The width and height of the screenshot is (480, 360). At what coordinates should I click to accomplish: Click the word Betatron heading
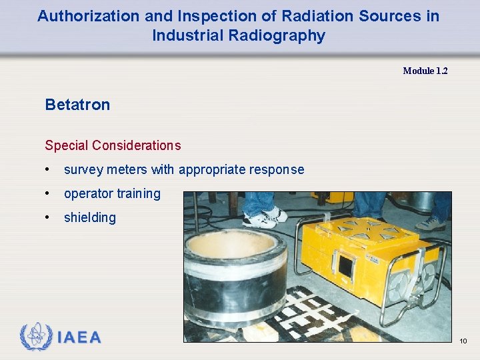coord(77,105)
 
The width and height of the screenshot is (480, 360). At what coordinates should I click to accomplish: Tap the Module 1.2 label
coord(425,71)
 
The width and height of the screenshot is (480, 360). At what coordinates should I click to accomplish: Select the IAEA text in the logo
coord(79,338)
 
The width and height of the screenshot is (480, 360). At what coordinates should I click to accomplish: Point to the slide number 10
coord(463,341)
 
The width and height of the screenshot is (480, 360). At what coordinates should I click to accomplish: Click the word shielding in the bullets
coord(89,217)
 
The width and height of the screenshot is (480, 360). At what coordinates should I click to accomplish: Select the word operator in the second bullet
coord(88,194)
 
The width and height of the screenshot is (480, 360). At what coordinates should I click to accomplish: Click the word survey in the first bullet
coord(83,170)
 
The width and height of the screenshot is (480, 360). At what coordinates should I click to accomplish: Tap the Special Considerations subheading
coord(112,145)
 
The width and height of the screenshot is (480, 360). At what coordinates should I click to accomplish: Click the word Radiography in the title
coord(239,35)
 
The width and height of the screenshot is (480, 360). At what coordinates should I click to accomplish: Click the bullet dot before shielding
coord(49,218)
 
